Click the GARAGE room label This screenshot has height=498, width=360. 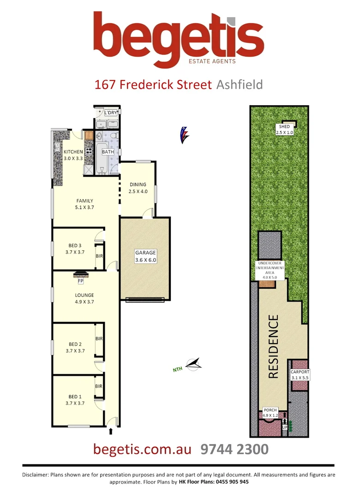pos(145,253)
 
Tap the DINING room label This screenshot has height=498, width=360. pos(138,184)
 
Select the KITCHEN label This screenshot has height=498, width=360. pos(73,152)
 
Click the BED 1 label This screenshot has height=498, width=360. pos(75,396)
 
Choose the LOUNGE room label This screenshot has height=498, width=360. pos(84,295)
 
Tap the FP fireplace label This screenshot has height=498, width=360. pos(80,280)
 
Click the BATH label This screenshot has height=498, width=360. pos(108,152)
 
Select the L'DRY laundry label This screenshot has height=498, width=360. pos(111,113)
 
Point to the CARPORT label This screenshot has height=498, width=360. pos(300,372)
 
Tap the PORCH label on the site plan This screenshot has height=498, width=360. pos(270,410)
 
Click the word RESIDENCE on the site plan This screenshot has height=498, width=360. pos(274,347)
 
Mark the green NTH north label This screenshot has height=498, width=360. pos(178,368)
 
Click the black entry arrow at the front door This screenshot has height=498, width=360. pos(111,432)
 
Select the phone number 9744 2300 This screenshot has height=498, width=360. pos(234,449)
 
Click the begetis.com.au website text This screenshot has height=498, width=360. pos(142,449)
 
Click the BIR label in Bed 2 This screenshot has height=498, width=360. pos(99,338)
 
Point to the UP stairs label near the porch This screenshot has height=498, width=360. pos(285,427)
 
